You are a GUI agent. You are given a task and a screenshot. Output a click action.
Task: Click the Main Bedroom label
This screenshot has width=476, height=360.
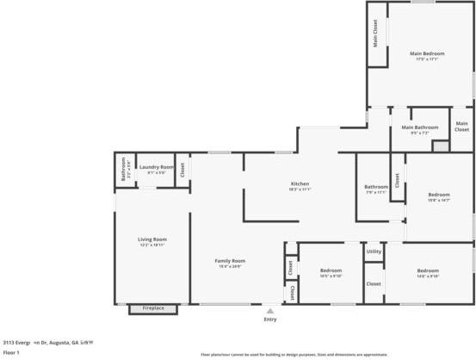[427, 53]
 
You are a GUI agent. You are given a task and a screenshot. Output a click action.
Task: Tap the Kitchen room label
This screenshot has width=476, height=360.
[300, 184]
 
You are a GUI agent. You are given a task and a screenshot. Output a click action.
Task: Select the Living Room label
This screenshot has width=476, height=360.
[152, 239]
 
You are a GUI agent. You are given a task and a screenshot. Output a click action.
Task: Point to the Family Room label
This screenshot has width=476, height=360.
[230, 261]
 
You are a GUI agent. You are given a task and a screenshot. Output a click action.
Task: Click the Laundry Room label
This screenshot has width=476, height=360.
[156, 167]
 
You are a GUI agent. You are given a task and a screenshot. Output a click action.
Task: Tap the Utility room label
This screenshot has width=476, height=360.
[374, 251]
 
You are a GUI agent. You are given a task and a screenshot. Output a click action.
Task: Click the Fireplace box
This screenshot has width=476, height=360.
[153, 308]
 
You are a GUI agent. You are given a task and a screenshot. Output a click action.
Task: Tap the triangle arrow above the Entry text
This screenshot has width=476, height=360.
[270, 311]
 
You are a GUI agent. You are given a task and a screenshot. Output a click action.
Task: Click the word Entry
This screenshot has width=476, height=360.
[270, 320]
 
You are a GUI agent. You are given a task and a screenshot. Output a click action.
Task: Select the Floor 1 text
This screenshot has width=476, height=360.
[11, 352]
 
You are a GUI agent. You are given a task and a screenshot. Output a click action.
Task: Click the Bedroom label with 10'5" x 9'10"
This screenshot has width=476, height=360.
[331, 270]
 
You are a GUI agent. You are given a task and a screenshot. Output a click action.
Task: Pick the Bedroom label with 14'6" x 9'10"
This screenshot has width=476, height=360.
[428, 270]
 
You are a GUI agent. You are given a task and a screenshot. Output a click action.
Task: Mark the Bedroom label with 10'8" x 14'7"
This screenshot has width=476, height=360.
[439, 195]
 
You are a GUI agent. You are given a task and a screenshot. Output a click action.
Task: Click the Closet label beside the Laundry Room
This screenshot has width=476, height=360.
[182, 168]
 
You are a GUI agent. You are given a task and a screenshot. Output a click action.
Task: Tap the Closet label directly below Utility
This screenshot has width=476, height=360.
[374, 283]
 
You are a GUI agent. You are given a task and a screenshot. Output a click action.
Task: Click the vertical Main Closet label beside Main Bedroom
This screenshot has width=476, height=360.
[375, 34]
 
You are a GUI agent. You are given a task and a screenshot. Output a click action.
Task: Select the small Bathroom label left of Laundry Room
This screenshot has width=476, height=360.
[124, 167]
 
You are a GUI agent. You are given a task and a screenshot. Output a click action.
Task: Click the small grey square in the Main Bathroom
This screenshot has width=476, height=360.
[441, 146]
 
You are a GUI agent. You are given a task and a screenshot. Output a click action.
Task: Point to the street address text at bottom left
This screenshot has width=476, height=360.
[47, 341]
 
